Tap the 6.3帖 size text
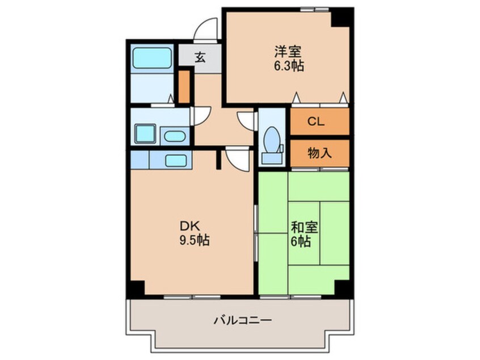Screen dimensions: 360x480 click(x=289, y=66)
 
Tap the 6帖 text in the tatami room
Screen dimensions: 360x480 click(x=301, y=242)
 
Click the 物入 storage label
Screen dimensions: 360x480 click(x=319, y=152)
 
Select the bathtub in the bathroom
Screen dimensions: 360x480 click(x=152, y=58)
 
